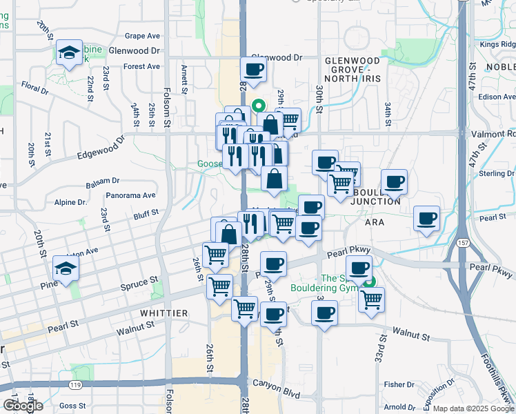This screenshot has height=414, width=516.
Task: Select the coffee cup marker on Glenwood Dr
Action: [253, 69]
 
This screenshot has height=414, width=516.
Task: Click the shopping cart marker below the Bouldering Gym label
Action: [371, 299]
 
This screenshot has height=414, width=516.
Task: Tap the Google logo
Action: [23, 406]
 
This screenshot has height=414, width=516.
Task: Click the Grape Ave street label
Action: [143, 36]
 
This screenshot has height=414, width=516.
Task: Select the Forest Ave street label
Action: [141, 67]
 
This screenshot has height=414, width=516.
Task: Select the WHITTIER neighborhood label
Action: [163, 313]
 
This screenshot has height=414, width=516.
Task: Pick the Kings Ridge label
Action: [499, 44]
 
